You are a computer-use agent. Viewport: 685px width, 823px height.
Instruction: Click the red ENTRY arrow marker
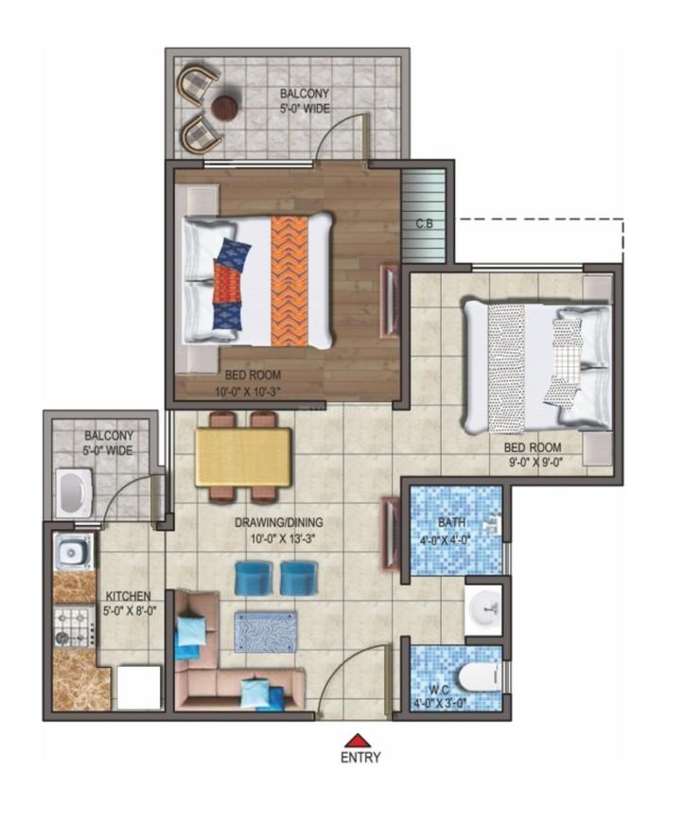pos(356,740)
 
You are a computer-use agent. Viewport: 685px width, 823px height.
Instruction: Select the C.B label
pos(425,224)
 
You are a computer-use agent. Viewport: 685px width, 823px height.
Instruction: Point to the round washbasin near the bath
pos(486,603)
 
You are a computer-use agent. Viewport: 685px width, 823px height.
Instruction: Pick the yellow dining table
pos(243,457)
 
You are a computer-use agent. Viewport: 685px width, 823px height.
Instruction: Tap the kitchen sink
pos(72,550)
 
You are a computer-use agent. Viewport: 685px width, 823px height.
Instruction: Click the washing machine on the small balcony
pos(73,494)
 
